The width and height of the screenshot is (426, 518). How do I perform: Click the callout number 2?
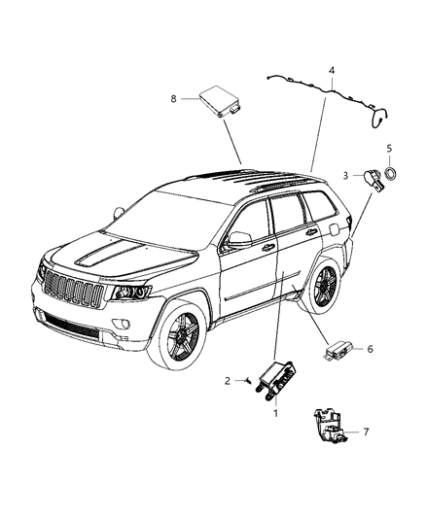click(x=228, y=380)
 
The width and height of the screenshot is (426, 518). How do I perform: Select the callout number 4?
click(x=332, y=71)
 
